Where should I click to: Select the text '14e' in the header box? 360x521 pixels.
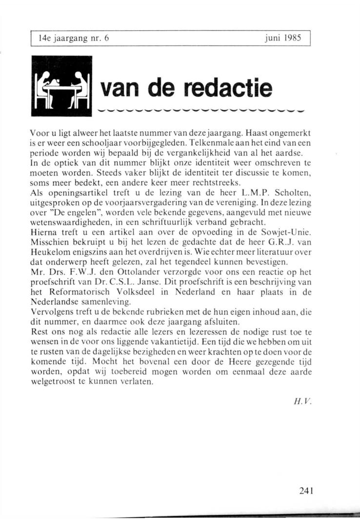[43, 37]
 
